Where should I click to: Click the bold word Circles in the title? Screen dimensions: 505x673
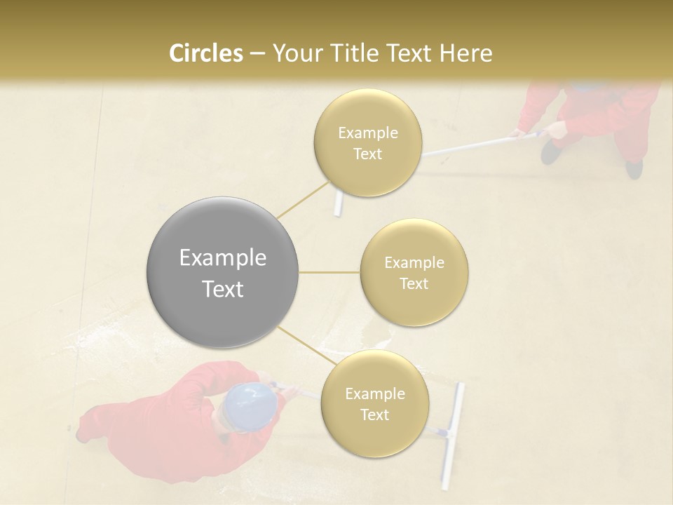tap(205, 53)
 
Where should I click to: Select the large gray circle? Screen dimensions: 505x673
tap(222, 273)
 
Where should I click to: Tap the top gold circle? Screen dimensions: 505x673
tap(367, 143)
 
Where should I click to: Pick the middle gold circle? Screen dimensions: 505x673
tap(414, 273)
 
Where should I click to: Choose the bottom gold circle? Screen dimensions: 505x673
tap(374, 404)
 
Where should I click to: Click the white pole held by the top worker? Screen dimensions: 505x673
tap(470, 144)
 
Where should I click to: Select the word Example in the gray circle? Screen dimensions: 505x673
tap(222, 258)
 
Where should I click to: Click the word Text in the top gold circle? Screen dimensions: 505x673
tap(367, 154)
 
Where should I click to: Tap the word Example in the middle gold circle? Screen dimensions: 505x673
tap(414, 263)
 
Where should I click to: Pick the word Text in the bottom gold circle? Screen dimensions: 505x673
tap(374, 415)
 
